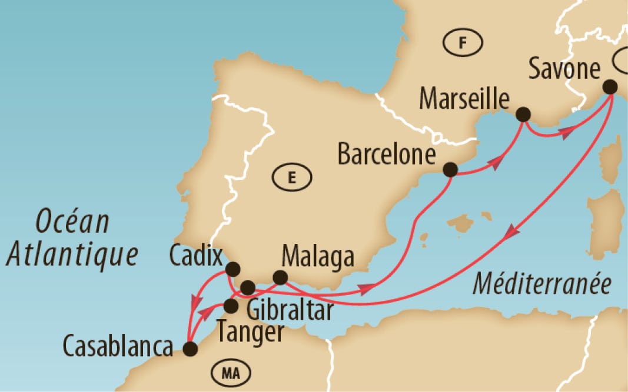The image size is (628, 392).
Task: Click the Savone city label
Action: pos(564,69)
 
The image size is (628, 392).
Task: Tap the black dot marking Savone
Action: pos(610,86)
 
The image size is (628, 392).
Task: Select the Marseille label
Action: pos(464,99)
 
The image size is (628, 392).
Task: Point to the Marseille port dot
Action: pos(523,114)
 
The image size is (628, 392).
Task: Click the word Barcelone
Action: pos(386,156)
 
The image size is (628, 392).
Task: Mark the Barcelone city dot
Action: pos(450,170)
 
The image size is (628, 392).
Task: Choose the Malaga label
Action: pos(318,257)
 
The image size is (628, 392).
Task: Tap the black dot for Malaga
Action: pos(281,277)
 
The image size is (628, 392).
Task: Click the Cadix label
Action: pos(196,257)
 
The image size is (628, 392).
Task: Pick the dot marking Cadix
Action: pos(233,270)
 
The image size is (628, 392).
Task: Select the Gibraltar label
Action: pos(289,310)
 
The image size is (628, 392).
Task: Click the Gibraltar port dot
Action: pos(248,287)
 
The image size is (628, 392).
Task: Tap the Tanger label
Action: pos(250,334)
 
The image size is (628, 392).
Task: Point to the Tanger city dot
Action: pos(231,306)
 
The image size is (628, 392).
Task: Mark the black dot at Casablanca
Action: pos(190,350)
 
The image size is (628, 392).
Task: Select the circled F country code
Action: pos(462,42)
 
